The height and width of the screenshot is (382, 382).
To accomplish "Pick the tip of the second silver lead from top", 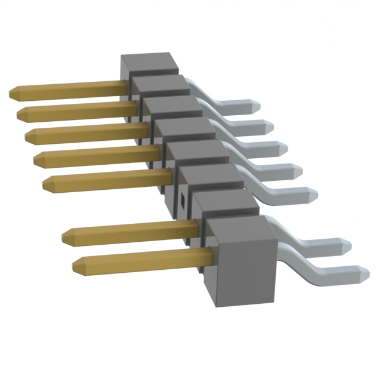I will click(270, 127).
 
